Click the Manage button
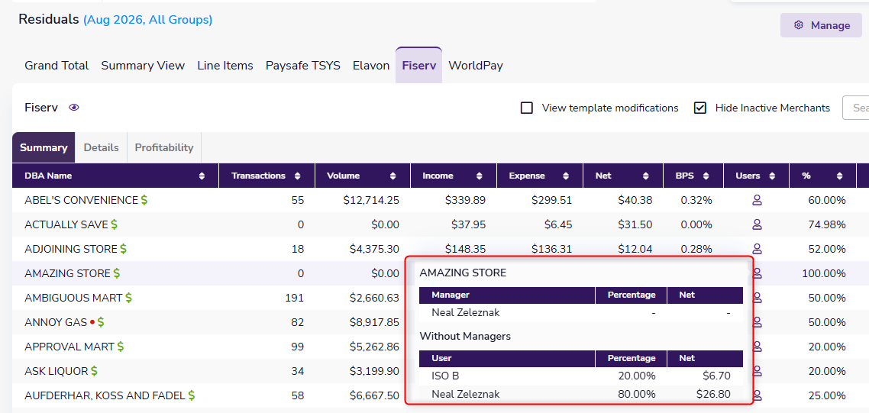(x=821, y=25)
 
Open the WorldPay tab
(x=476, y=66)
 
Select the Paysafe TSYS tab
(x=302, y=66)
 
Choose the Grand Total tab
(x=57, y=66)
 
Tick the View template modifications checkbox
(x=526, y=108)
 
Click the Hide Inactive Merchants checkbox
(x=700, y=108)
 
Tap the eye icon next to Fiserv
(x=74, y=108)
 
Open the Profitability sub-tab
(x=164, y=147)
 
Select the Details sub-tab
(x=101, y=147)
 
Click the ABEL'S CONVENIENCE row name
(x=81, y=200)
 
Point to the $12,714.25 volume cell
(x=371, y=200)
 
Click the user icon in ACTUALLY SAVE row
(x=757, y=224)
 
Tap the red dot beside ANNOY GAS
(x=92, y=322)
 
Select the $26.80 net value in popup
(x=713, y=394)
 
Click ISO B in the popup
(x=445, y=376)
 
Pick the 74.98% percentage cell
(x=827, y=224)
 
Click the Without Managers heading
(x=465, y=336)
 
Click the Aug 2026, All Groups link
(x=147, y=20)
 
